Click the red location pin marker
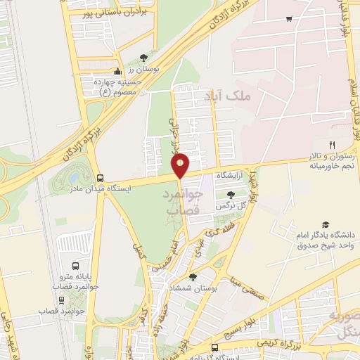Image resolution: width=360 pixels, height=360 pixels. (181, 165)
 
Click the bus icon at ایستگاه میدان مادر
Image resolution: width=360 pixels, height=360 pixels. (99, 178)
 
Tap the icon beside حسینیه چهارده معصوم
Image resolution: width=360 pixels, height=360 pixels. (118, 71)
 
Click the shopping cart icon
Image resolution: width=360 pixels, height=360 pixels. (289, 19)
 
